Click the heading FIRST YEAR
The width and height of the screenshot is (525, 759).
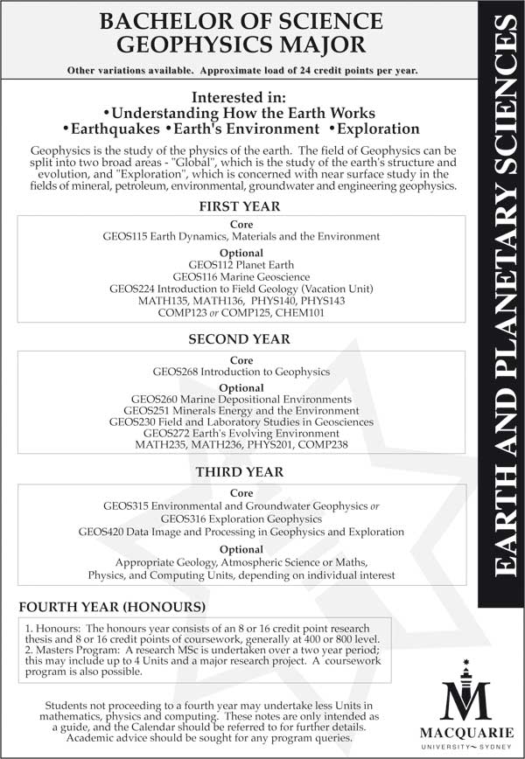(x=239, y=207)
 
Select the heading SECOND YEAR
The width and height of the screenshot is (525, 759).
(x=239, y=339)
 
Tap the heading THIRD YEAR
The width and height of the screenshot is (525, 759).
(x=239, y=472)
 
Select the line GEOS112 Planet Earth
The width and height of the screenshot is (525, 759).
(x=241, y=264)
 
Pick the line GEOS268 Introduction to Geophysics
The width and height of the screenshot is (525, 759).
(x=241, y=372)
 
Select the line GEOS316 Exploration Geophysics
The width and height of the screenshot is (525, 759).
(x=241, y=519)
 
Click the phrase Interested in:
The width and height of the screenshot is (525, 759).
(x=239, y=97)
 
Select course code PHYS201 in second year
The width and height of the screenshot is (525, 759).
(x=271, y=444)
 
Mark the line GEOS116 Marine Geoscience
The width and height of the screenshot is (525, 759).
(x=241, y=276)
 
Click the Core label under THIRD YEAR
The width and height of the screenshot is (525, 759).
(x=241, y=493)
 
